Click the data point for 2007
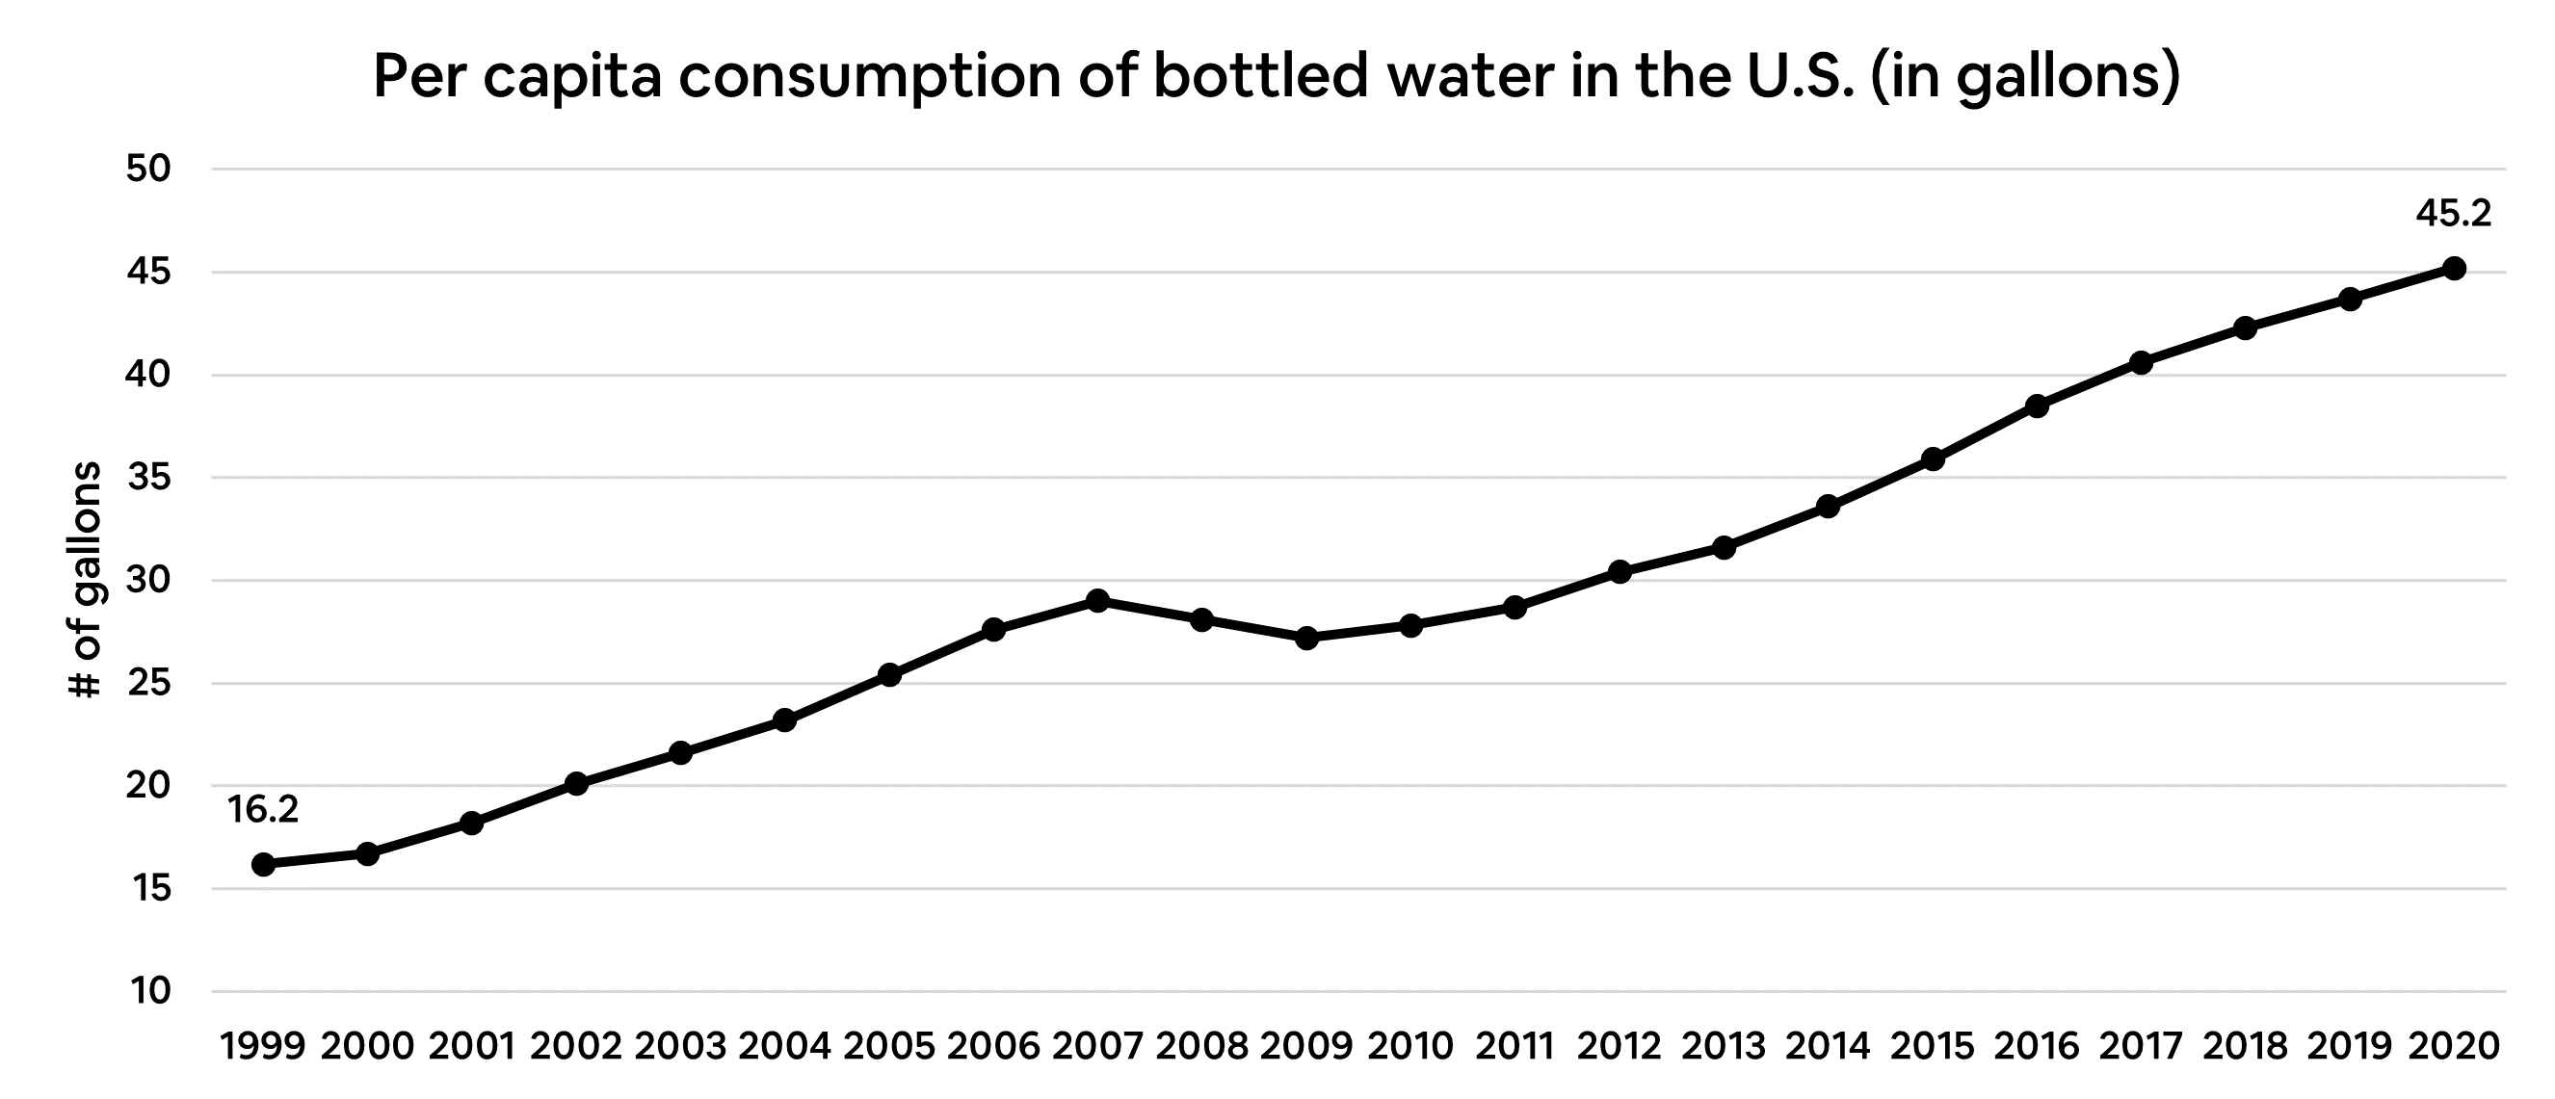[x=1097, y=601]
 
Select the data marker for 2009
[x=1306, y=638]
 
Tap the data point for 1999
[x=263, y=865]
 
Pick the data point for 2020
[x=2454, y=268]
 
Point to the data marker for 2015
[x=1932, y=459]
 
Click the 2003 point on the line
[x=680, y=753]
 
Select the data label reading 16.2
[x=263, y=810]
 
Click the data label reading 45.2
[x=2453, y=213]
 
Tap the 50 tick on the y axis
[x=148, y=170]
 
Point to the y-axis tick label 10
[x=148, y=991]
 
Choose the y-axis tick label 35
[x=148, y=478]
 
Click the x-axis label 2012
[x=1619, y=1046]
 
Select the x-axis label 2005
[x=888, y=1046]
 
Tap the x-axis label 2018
[x=2245, y=1046]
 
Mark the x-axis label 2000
[x=367, y=1046]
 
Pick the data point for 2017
[x=2141, y=363]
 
